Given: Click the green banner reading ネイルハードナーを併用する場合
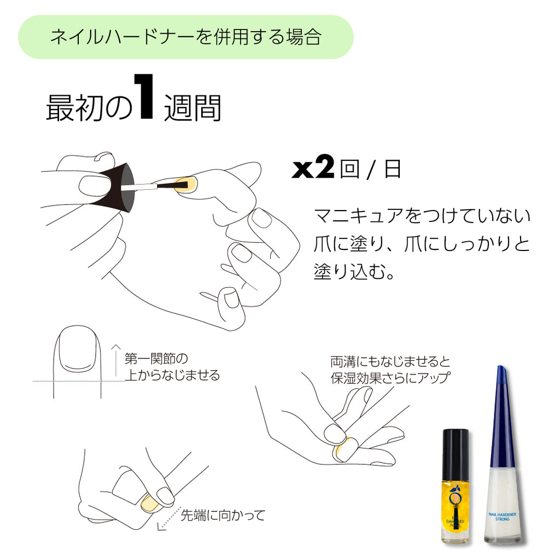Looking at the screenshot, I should point(186,37).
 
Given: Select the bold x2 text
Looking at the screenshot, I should point(313,169).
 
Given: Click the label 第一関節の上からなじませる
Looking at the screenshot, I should point(172,367).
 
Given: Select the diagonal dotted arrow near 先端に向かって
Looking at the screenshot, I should point(167,520).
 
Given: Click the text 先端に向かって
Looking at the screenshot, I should point(223,515).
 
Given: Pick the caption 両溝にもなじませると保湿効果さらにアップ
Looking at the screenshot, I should point(390,370).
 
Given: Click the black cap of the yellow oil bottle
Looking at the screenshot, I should point(456,452).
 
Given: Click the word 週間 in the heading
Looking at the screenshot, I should point(192,108).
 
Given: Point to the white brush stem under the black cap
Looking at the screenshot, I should point(139,187).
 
